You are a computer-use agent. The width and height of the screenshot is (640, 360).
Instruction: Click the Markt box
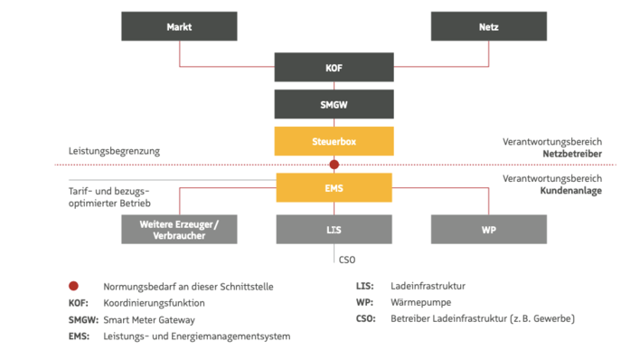pyautogui.click(x=179, y=26)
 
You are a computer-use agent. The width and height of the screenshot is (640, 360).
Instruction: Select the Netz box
pyautogui.click(x=488, y=26)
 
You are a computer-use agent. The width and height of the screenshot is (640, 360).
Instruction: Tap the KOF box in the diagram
pyautogui.click(x=334, y=67)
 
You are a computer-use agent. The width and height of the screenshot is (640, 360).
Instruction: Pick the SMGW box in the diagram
pyautogui.click(x=334, y=104)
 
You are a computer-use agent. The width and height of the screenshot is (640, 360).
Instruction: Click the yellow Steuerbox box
pyautogui.click(x=334, y=141)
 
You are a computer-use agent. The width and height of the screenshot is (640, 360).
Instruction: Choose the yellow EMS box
pyautogui.click(x=334, y=188)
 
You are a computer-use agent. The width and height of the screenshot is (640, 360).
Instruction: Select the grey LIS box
pyautogui.click(x=334, y=230)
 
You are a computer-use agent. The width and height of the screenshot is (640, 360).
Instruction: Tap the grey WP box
pyautogui.click(x=488, y=230)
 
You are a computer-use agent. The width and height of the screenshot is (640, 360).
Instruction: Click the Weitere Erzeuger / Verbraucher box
pyautogui.click(x=179, y=230)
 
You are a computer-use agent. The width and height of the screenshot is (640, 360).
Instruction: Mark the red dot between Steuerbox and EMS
pyautogui.click(x=334, y=165)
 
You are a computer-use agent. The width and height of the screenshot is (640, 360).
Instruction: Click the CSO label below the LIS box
pyautogui.click(x=346, y=259)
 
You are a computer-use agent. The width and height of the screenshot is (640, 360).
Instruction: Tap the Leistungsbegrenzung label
pyautogui.click(x=114, y=151)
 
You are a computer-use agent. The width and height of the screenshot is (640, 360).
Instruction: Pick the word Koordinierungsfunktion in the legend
pyautogui.click(x=155, y=303)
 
